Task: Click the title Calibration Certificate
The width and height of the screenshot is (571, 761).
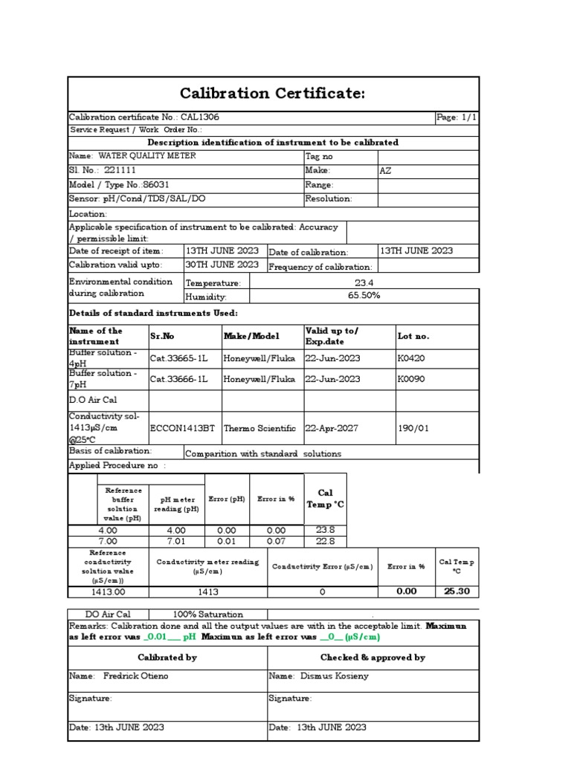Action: tap(273, 93)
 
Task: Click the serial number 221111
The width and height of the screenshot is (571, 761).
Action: tap(120, 170)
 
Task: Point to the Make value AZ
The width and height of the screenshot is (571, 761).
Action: tap(385, 170)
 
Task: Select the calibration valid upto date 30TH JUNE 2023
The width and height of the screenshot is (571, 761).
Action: tap(222, 265)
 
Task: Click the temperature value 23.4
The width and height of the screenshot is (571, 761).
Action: tap(364, 282)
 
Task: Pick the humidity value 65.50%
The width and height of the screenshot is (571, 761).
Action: tap(364, 296)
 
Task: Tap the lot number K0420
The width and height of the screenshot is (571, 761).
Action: tap(411, 358)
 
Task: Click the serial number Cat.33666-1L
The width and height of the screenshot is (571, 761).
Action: tap(179, 379)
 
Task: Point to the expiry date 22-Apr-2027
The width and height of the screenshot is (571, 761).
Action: tap(332, 429)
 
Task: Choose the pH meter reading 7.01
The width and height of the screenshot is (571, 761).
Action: tap(176, 542)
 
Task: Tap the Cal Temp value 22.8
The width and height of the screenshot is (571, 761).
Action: tap(326, 542)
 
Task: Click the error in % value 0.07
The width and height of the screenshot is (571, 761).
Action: tap(276, 542)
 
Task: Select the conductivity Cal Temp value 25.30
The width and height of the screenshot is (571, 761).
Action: tap(457, 592)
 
